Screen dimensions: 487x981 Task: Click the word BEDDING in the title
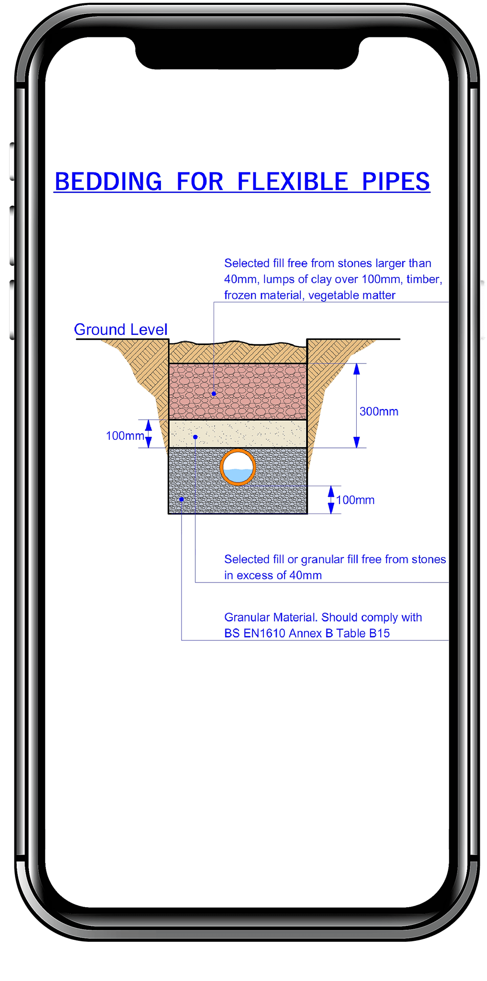point(109,182)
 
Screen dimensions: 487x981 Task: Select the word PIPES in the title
point(396,182)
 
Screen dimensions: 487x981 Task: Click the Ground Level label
point(121,330)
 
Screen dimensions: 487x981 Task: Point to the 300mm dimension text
point(379,411)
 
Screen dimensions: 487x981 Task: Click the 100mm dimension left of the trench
point(125,435)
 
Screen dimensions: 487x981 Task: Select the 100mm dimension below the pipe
point(355,500)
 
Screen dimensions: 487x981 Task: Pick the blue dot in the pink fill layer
point(214,394)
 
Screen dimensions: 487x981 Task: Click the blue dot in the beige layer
point(195,437)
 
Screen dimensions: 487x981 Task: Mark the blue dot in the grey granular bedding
point(181,499)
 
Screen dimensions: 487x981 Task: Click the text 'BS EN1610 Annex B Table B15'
point(307,633)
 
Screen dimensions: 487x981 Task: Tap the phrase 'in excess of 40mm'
point(273,575)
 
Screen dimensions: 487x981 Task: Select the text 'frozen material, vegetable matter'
point(310,295)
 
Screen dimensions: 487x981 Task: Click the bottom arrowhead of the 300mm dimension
point(356,442)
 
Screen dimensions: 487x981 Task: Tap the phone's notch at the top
point(247,53)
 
